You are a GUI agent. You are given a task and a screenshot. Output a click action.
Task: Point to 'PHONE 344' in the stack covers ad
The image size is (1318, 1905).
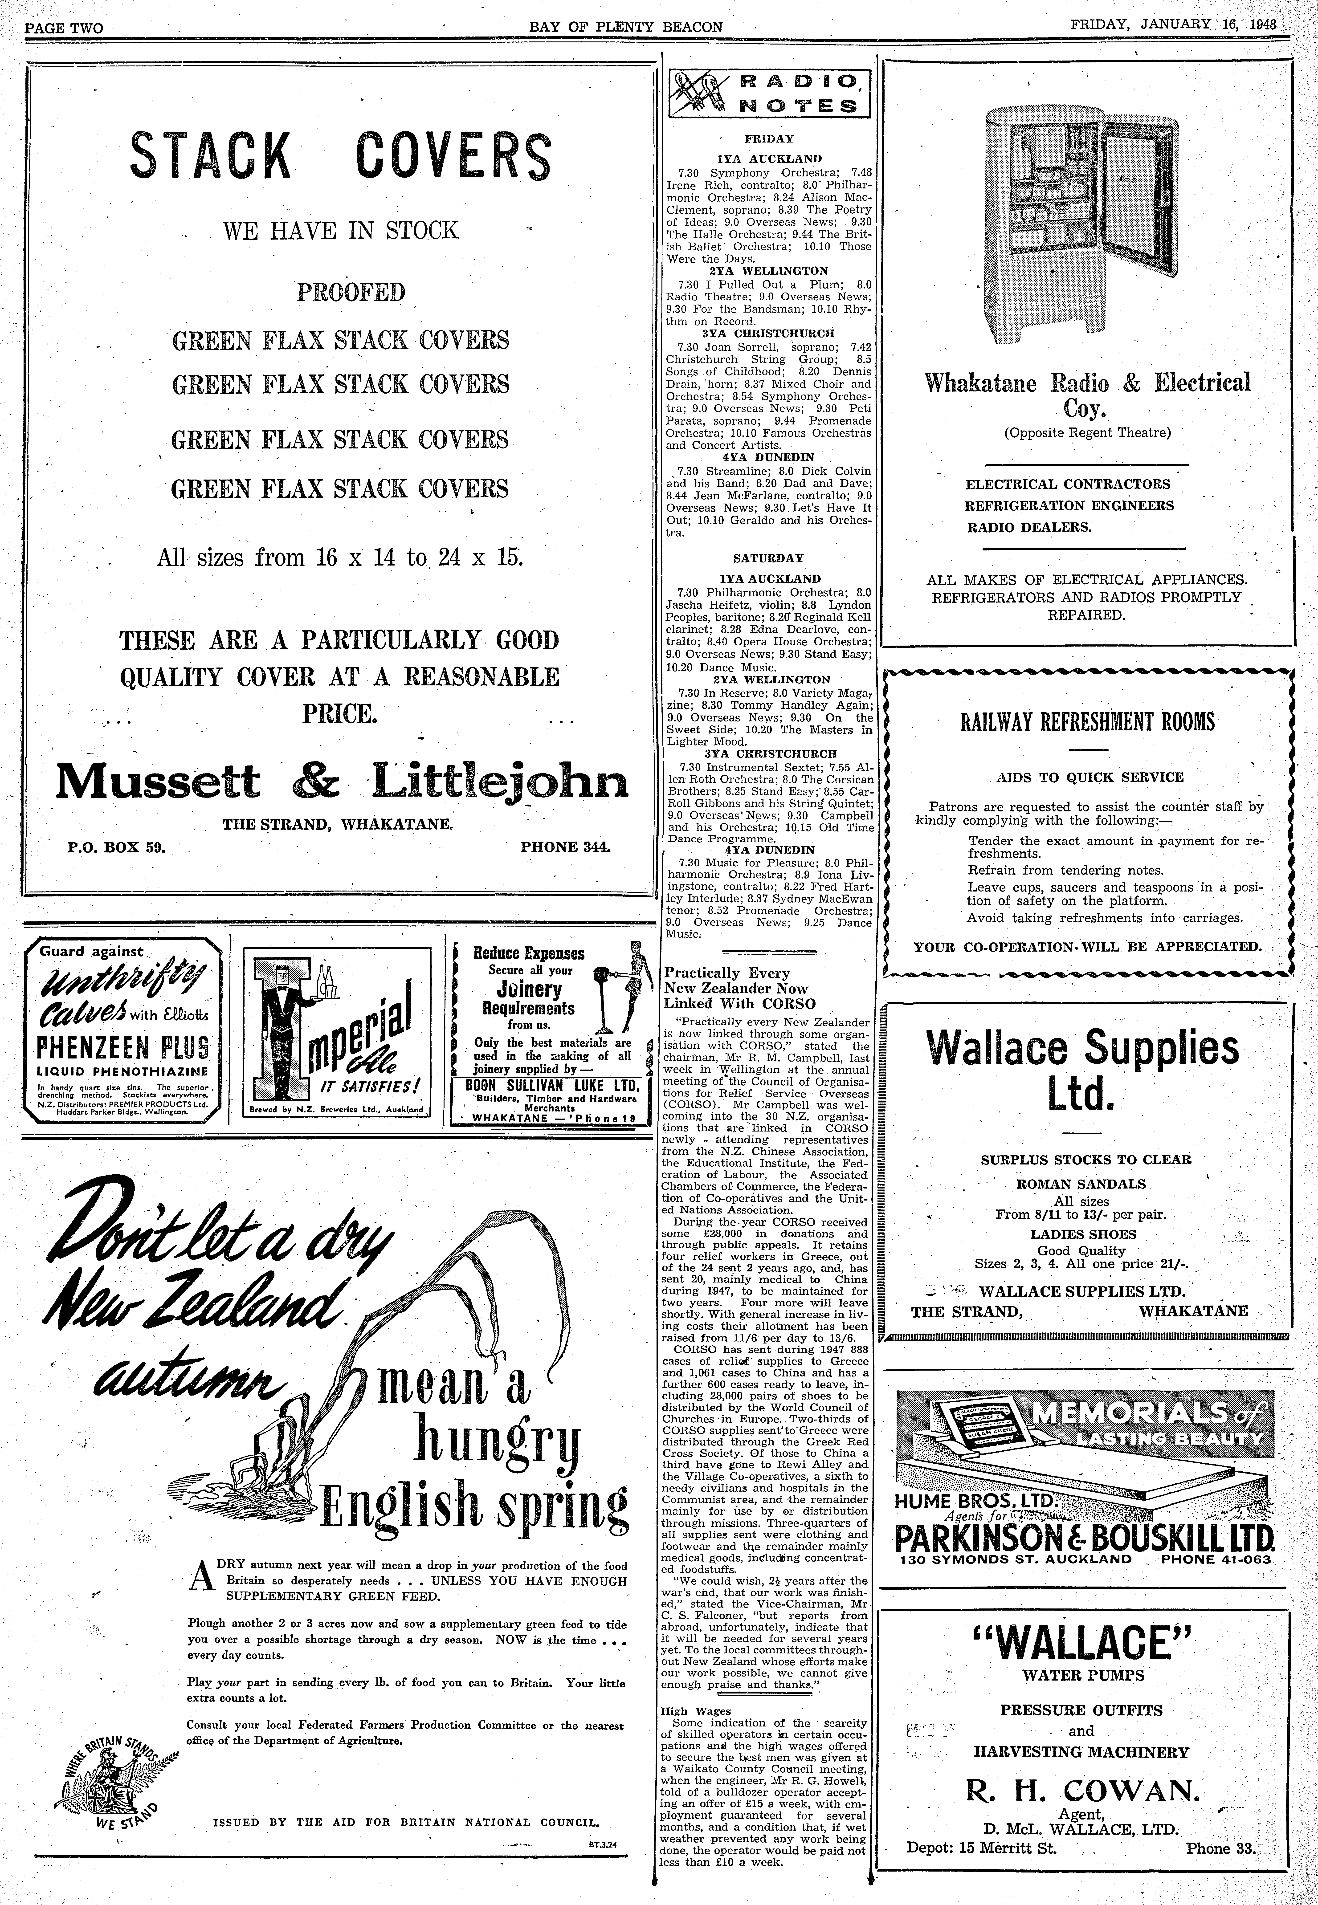565,846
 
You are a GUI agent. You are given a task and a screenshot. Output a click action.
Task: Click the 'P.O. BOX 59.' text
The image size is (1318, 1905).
117,846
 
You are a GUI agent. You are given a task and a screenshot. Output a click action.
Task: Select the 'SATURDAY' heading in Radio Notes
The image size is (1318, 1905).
768,558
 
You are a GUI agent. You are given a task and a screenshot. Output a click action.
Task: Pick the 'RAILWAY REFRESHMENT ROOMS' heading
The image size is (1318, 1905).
1088,722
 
